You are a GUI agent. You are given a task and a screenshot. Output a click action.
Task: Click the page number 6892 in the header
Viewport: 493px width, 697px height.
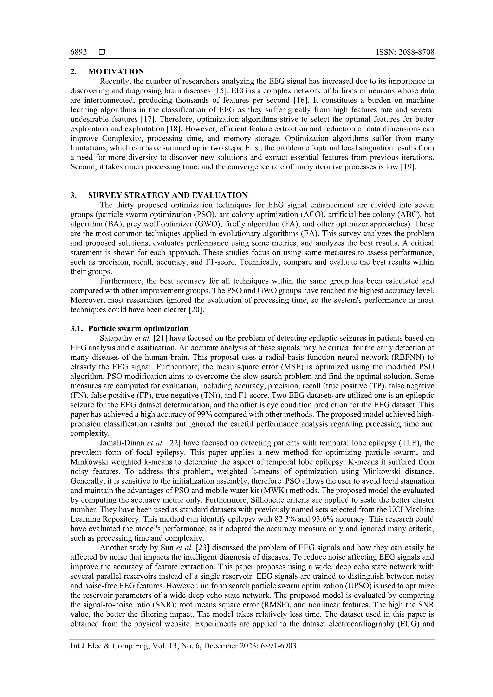pos(78,52)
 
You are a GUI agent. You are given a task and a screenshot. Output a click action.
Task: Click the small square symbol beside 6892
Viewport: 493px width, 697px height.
pos(102,52)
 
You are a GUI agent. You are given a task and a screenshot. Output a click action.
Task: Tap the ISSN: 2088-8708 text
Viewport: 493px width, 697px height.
pos(405,52)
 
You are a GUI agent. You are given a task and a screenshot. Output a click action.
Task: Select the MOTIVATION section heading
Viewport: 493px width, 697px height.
pos(116,72)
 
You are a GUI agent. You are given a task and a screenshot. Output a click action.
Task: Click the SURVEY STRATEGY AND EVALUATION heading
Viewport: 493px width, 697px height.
pos(168,195)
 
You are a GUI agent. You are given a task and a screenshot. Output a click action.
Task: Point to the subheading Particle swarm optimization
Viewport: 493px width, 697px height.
pos(138,329)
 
